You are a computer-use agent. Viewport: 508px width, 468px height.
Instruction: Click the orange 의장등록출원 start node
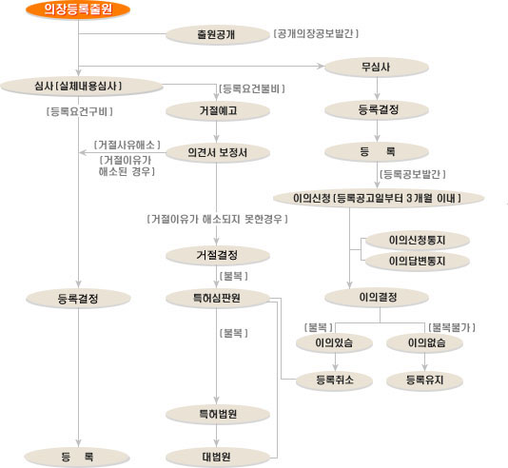(78, 10)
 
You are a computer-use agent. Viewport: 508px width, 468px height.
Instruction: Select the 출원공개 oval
(218, 34)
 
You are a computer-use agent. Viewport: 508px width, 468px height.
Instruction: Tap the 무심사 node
(377, 67)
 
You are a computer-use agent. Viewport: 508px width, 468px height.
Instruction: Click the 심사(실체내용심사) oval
(81, 87)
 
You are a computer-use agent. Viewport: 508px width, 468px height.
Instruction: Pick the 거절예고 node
(218, 110)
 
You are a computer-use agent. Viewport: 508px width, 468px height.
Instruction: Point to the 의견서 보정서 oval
(218, 152)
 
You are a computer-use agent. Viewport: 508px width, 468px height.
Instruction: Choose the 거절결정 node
(218, 255)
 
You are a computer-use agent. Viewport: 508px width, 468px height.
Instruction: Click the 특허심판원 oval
(218, 298)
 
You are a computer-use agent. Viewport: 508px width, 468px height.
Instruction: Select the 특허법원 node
(218, 414)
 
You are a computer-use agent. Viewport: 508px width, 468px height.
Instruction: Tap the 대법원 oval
(218, 457)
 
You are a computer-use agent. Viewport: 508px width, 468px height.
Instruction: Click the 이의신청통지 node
(418, 240)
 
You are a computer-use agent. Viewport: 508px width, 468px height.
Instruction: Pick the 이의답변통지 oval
(418, 261)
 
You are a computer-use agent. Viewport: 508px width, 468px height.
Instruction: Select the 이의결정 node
(377, 297)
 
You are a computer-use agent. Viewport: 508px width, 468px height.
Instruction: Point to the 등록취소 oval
(334, 380)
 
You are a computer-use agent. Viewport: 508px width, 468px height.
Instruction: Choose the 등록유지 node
(424, 380)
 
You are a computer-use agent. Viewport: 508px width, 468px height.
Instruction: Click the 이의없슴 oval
(424, 342)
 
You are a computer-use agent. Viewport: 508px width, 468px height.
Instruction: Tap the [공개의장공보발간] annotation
(316, 33)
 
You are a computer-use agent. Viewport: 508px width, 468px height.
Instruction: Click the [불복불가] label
(452, 327)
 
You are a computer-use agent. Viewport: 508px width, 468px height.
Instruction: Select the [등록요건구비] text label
(79, 111)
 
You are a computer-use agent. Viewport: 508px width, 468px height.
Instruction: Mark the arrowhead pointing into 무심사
(321, 66)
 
